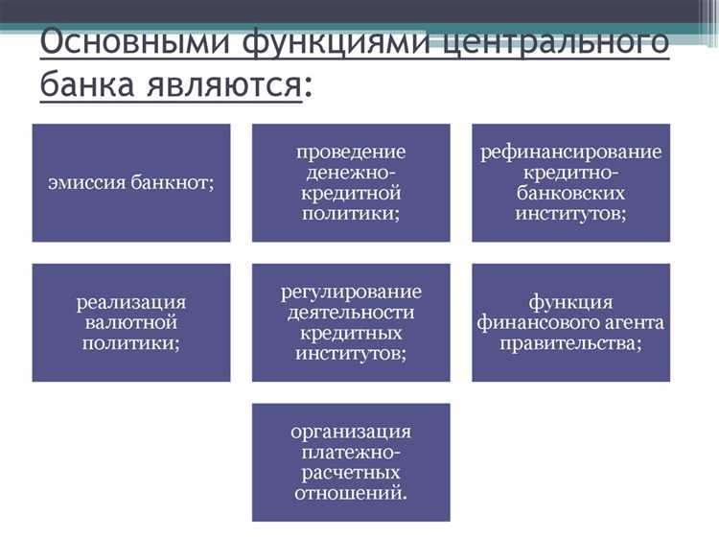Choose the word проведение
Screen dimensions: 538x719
coord(351,152)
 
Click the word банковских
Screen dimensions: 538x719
coord(571,193)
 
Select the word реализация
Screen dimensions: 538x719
coord(131,302)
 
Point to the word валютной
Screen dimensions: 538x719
coord(131,322)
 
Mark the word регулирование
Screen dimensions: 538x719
coord(351,292)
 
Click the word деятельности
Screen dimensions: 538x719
coord(351,313)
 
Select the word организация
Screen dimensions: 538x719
coord(351,433)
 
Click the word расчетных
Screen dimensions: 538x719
coord(351,474)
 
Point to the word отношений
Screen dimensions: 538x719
coord(351,495)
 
